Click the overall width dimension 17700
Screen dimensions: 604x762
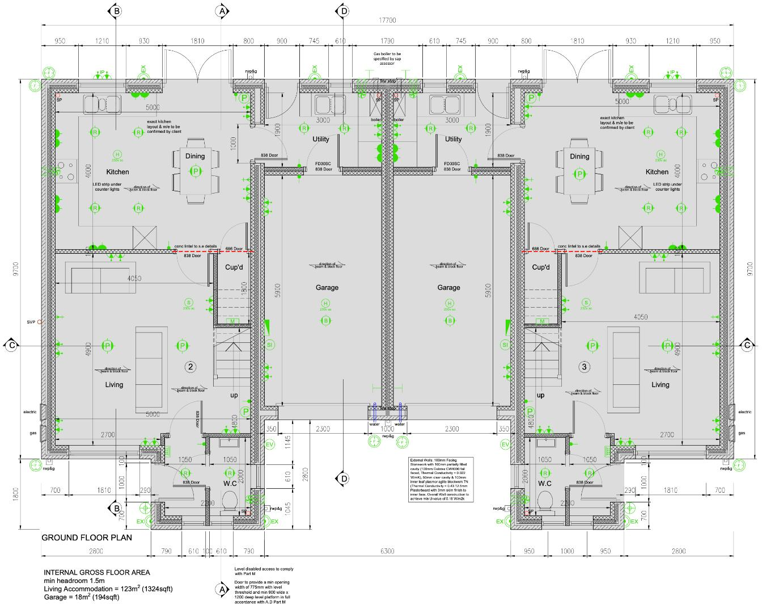[388, 20]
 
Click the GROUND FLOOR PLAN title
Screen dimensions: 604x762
[87, 538]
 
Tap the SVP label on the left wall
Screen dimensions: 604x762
[31, 322]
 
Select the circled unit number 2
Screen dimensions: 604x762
[190, 367]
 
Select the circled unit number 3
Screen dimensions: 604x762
[585, 367]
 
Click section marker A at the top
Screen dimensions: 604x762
[222, 11]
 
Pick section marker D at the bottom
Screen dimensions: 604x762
[342, 479]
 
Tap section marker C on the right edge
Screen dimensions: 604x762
[748, 345]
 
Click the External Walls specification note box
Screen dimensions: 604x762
[441, 480]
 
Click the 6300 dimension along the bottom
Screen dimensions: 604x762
[387, 551]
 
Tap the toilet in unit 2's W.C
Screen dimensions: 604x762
[230, 501]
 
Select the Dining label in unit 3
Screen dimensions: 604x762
[579, 156]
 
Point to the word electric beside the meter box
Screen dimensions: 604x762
[29, 412]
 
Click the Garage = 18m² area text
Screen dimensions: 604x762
[82, 597]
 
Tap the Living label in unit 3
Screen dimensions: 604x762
[660, 384]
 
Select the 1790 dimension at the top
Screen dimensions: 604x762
[387, 41]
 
